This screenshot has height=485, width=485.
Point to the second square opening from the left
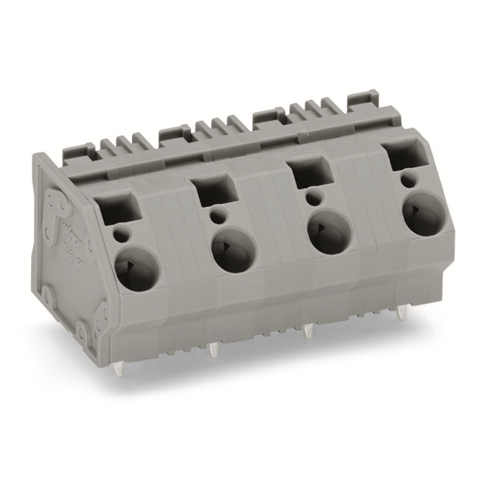(210, 189)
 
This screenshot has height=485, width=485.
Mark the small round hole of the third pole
(312, 199)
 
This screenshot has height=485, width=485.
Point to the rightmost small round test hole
(408, 180)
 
